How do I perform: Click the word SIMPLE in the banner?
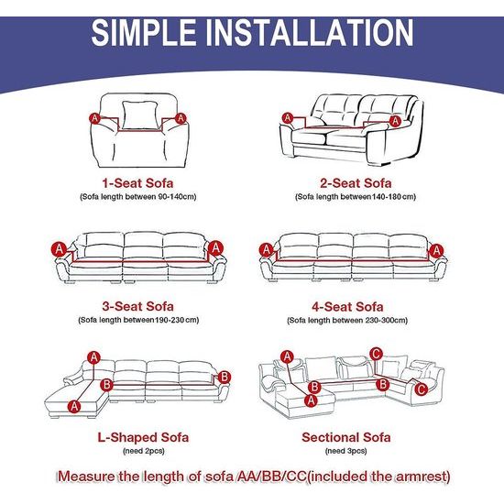144,32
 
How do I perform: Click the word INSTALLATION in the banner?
310,32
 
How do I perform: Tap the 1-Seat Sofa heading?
137,183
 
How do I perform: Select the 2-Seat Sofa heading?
356,183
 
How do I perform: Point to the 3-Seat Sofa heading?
138,306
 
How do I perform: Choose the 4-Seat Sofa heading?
347,307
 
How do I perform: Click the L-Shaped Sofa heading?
143,437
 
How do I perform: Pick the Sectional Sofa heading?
346,437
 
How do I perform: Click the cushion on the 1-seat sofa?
139,115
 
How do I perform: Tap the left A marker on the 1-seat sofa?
94,118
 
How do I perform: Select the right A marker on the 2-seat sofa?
395,121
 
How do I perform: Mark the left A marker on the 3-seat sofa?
60,249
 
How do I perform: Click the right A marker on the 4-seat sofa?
436,251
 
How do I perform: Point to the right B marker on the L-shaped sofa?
225,377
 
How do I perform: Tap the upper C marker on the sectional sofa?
376,355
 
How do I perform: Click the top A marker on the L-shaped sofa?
93,357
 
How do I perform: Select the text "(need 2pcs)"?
144,451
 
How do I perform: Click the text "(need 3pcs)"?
346,451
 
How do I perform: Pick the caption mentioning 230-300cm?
347,320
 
